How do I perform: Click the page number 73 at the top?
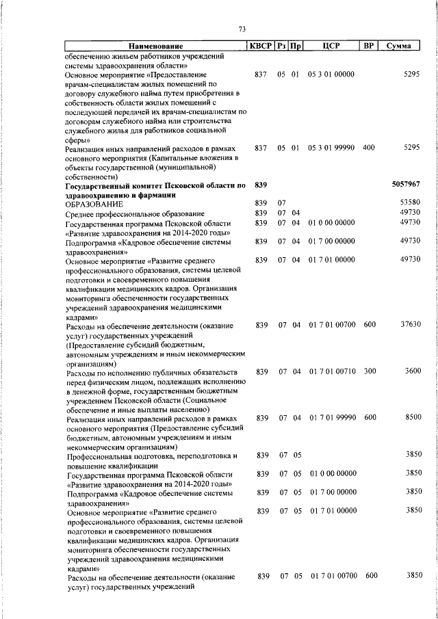point(242,29)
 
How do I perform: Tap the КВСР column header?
point(260,46)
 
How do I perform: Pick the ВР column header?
point(369,46)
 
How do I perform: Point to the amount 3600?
point(412,371)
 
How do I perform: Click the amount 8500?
point(412,418)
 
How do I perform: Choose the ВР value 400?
point(369,148)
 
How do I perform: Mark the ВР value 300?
point(370,371)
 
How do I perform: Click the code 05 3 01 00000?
point(331,73)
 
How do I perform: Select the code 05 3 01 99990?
point(331,148)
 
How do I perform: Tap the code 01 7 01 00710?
point(332,371)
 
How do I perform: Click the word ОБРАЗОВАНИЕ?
point(94,204)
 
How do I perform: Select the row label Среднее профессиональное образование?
point(135,214)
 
